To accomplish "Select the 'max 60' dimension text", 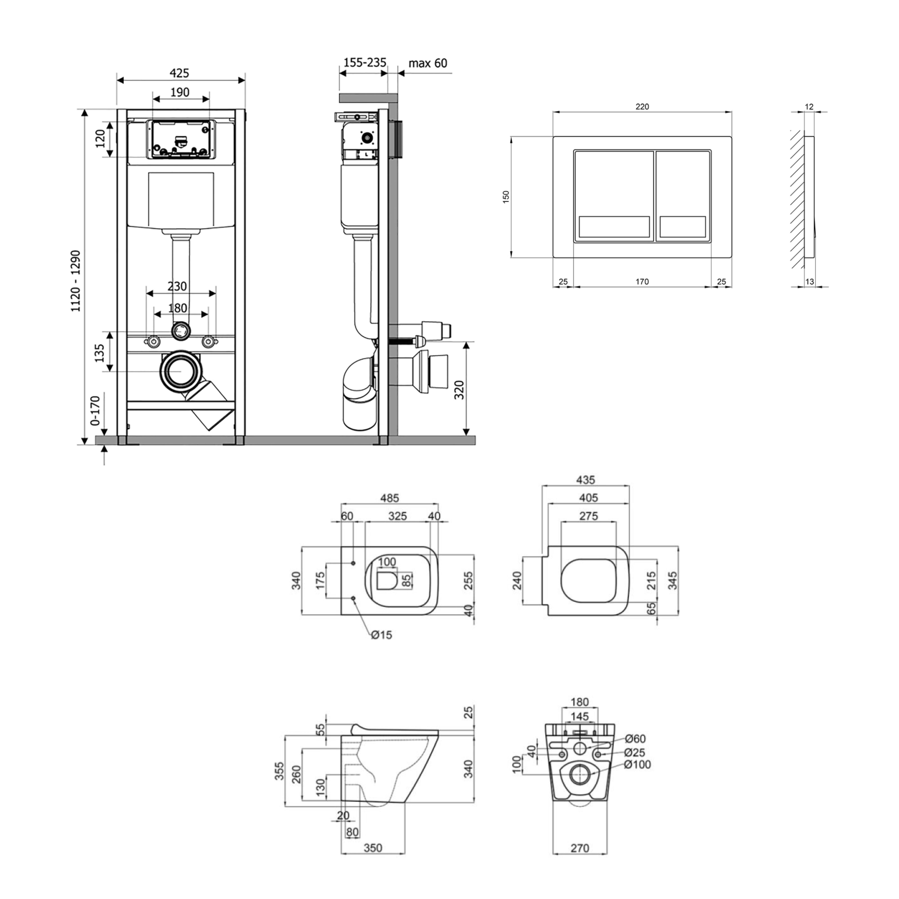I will pyautogui.click(x=428, y=63).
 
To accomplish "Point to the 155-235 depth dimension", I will pyautogui.click(x=364, y=62).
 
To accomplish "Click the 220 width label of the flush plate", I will pyautogui.click(x=642, y=107).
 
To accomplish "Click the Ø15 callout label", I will pyautogui.click(x=382, y=635).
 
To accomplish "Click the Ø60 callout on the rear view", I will pyautogui.click(x=635, y=739).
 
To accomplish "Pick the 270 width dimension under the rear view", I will pyautogui.click(x=580, y=848).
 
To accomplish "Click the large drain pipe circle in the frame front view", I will pyautogui.click(x=180, y=371).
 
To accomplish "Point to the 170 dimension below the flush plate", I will pyautogui.click(x=642, y=282).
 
